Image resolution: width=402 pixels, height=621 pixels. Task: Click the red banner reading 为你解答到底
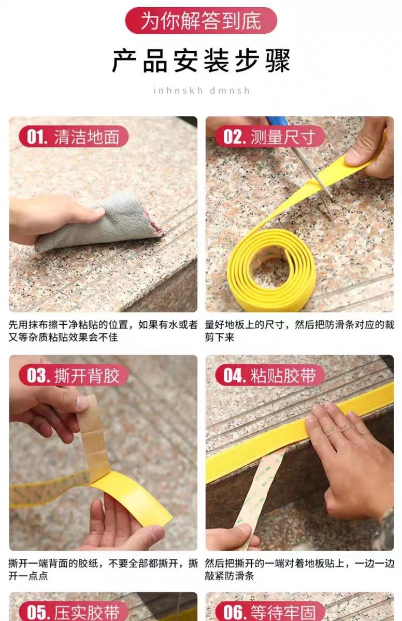coord(201,21)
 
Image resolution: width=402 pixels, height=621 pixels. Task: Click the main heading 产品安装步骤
coord(201,61)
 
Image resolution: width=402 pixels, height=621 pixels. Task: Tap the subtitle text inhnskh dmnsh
coord(201,91)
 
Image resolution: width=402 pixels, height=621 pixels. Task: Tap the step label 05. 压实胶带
coord(73,611)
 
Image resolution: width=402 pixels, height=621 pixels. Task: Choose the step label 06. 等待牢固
coord(270,611)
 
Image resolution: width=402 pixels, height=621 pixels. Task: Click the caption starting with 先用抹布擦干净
coord(103,331)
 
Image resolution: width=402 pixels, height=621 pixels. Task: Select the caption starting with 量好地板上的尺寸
coord(299,331)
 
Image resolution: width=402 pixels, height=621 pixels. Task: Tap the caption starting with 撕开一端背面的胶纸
coord(103,569)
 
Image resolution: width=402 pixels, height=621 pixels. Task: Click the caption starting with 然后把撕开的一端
coord(299,569)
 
